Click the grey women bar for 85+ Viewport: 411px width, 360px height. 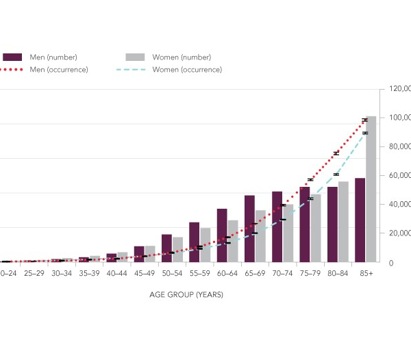coord(371,189)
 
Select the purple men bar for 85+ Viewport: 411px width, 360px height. coord(360,220)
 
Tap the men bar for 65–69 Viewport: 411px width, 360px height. coord(249,229)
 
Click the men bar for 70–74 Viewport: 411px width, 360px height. coord(277,227)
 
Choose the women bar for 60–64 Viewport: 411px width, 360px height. coord(233,241)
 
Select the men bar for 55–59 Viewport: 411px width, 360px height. coord(194,242)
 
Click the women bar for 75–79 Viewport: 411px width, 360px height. coord(315,228)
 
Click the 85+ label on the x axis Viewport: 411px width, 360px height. coord(365,272)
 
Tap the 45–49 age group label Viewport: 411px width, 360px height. coord(145,272)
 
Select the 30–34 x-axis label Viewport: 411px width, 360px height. coord(62,272)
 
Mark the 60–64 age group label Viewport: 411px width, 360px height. coord(227,272)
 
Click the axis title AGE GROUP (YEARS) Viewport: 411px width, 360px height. coord(186,295)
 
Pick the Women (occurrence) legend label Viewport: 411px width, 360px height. coord(187,69)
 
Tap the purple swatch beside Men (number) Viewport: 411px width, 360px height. coord(13,57)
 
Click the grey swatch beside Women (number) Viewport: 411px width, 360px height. coord(136,57)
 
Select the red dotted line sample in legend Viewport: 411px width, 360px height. coord(13,69)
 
